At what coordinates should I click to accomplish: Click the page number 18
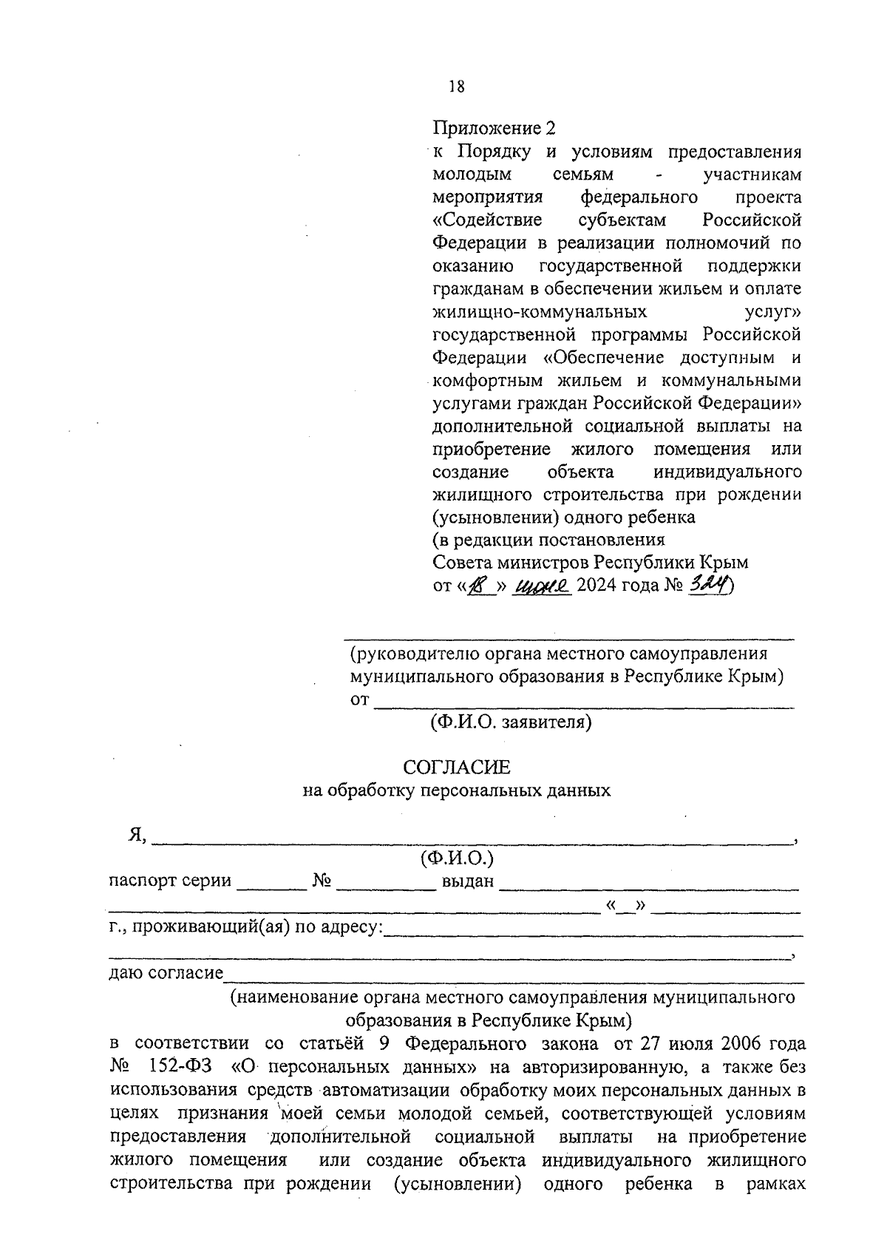click(x=456, y=87)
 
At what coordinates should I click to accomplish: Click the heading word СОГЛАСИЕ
click(x=456, y=767)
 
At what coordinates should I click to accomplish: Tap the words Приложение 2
click(x=493, y=128)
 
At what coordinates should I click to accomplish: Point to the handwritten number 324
click(x=708, y=585)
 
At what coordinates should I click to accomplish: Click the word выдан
click(x=467, y=881)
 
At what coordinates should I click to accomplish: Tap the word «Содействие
click(x=487, y=220)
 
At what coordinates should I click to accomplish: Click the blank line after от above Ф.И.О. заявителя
click(x=584, y=705)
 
